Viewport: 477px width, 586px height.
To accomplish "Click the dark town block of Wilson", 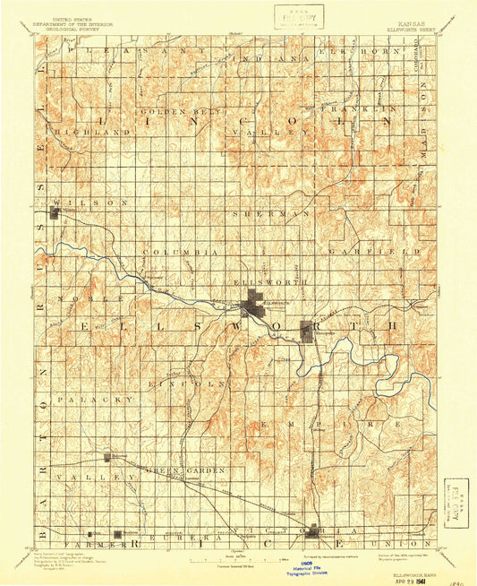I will [x=56, y=213].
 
